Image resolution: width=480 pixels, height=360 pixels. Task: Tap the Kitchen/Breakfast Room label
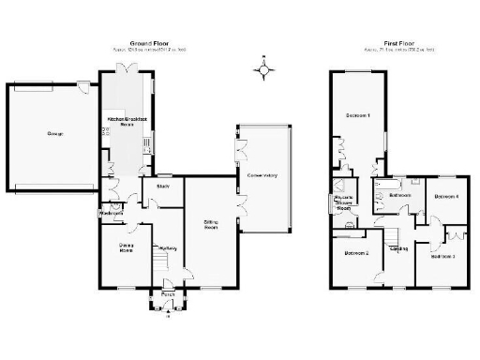tap(125, 122)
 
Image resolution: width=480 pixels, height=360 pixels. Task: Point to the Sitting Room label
tap(211, 225)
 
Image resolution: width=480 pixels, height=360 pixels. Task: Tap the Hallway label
tap(168, 247)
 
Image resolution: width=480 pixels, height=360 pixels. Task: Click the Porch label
tap(167, 295)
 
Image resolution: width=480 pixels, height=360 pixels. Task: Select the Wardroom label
tap(111, 214)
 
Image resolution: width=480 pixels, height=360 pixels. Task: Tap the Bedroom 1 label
tap(357, 115)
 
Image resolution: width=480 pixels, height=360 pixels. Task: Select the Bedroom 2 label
tap(356, 253)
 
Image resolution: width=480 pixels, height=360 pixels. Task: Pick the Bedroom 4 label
tap(442, 197)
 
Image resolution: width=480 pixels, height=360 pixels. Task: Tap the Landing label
tap(398, 247)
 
